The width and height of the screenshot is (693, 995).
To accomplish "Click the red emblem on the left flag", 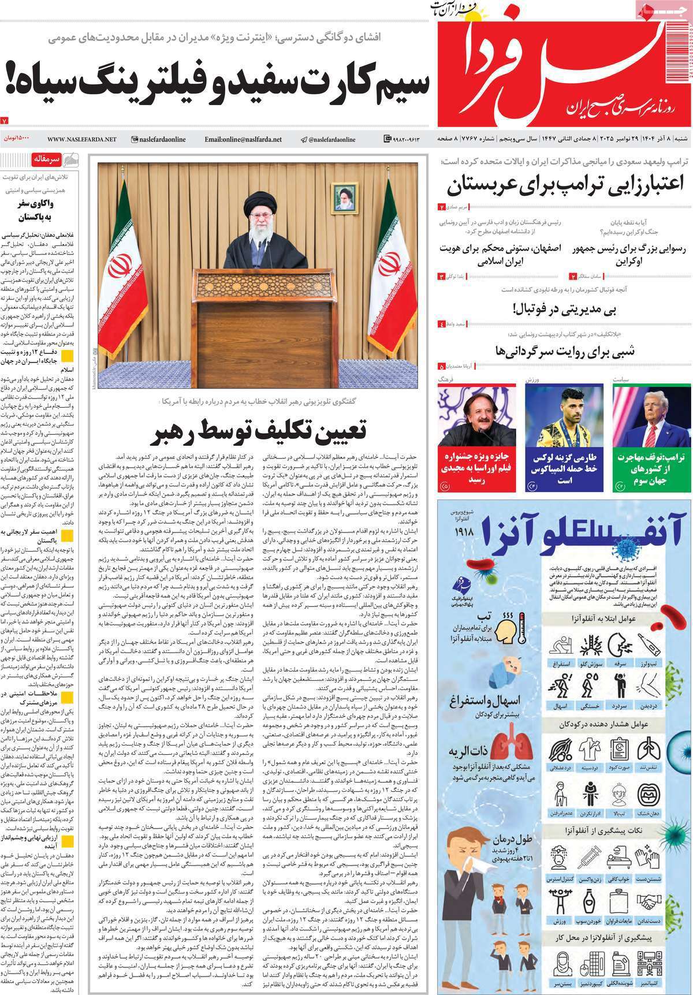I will [x=121, y=267].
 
